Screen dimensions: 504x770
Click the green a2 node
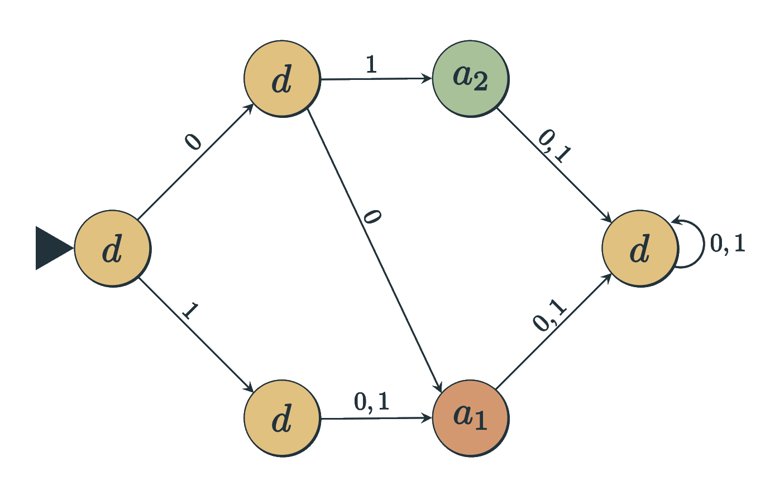pos(470,78)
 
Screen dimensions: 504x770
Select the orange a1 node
pos(470,418)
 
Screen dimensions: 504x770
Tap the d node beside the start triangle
pos(112,249)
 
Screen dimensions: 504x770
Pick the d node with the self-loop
pos(640,249)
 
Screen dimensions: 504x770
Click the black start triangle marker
pos(52,248)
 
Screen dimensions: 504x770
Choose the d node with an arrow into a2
pos(282,79)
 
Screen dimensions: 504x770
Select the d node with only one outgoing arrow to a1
pos(282,418)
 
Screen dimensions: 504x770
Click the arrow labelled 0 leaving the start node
pos(195,162)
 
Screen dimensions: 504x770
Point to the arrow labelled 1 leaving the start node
pos(195,334)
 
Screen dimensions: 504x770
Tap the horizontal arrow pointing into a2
pos(376,79)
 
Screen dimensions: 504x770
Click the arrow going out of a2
pos(553,164)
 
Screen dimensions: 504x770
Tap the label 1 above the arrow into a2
pos(371,65)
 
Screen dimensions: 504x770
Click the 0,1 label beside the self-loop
pos(728,244)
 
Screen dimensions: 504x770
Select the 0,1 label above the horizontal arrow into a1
pos(372,401)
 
